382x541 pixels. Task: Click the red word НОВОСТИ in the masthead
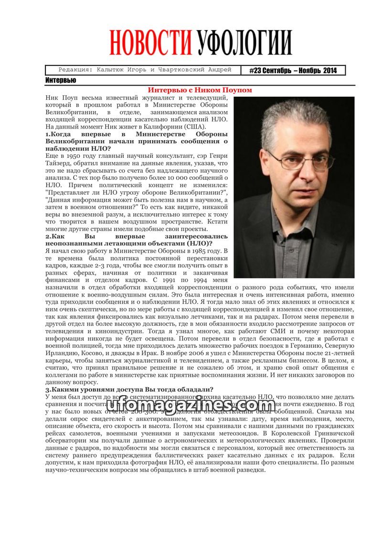click(x=150, y=43)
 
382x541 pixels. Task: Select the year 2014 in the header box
click(x=330, y=70)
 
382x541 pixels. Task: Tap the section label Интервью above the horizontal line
click(x=61, y=80)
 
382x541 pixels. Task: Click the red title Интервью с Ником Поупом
click(x=200, y=90)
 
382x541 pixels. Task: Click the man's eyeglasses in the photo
click(x=300, y=161)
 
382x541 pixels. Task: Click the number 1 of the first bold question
click(x=47, y=134)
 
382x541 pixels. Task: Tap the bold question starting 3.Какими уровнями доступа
click(x=129, y=389)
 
